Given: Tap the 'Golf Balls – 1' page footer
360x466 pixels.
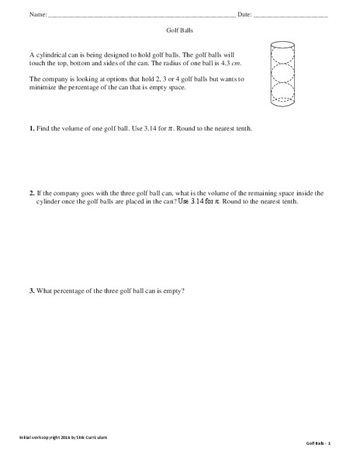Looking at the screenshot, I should tap(317, 443).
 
